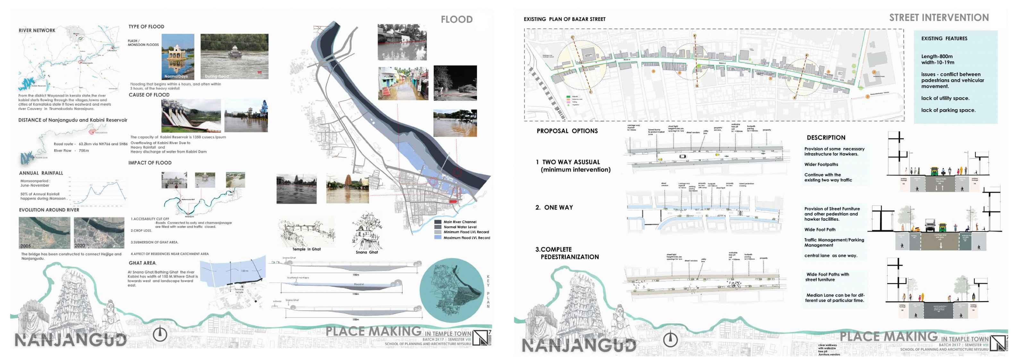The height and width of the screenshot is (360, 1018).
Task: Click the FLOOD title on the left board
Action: pos(456,19)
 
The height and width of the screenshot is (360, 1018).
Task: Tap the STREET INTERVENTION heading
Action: pos(938,18)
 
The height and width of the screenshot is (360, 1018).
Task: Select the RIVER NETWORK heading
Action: pos(37,30)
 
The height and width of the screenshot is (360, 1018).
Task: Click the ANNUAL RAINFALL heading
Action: pos(41,173)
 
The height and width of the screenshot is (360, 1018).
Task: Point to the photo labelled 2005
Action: pos(44,233)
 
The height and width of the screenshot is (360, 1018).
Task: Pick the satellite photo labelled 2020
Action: pos(99,233)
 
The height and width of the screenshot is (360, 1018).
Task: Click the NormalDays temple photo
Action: pos(178,56)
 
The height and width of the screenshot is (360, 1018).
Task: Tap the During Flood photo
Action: pos(234,56)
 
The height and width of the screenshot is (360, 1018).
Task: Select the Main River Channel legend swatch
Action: pos(438,222)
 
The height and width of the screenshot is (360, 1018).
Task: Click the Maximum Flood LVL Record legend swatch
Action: pos(438,237)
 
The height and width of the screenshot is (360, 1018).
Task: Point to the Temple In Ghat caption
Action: pos(306,249)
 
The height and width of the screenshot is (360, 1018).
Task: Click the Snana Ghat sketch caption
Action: pos(366,252)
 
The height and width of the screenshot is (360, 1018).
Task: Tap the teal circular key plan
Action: pos(451,290)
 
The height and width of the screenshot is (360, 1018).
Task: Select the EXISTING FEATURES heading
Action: pos(944,39)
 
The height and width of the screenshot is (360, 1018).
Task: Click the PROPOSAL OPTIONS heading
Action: pos(567,131)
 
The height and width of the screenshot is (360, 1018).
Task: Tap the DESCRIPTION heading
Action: pos(826,138)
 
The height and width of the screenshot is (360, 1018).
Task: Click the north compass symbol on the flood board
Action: pos(160,335)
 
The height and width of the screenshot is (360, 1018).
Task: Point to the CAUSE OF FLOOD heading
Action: pos(149,95)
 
